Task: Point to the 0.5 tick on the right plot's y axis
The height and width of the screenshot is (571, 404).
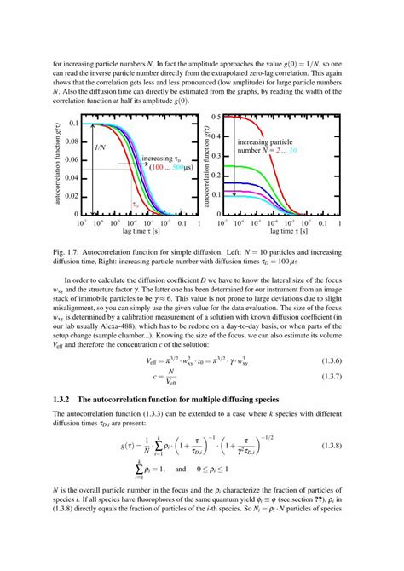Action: pyautogui.click(x=218, y=117)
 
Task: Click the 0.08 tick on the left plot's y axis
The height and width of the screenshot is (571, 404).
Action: pyautogui.click(x=69, y=141)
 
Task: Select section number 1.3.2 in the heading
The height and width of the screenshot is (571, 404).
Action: pyautogui.click(x=65, y=423)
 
